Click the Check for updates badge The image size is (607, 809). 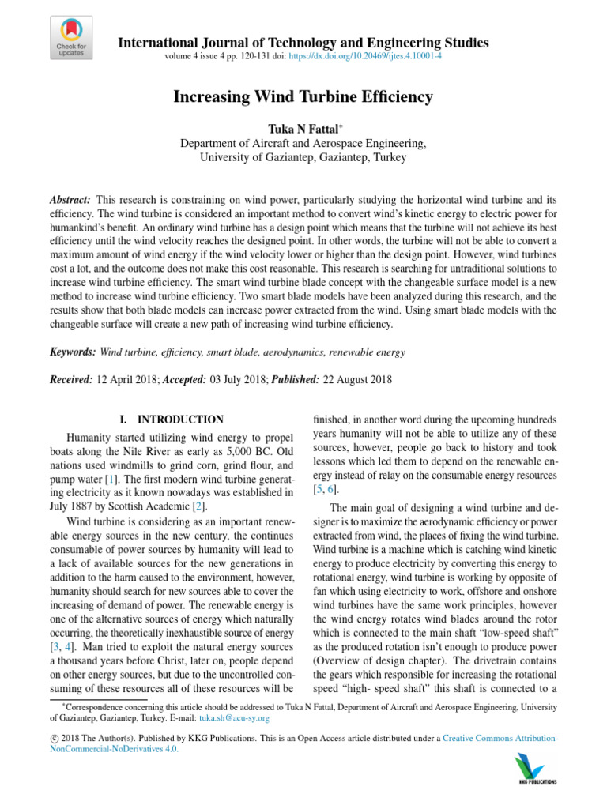pyautogui.click(x=71, y=38)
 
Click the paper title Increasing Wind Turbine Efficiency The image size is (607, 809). pyautogui.click(x=303, y=97)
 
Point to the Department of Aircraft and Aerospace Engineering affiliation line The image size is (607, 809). pyautogui.click(x=303, y=143)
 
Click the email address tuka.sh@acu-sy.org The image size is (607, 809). pyautogui.click(x=234, y=718)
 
